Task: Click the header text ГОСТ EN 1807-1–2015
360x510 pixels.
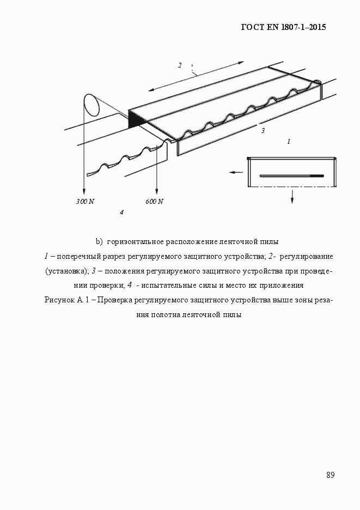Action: (283, 27)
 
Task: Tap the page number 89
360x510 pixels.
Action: (330, 475)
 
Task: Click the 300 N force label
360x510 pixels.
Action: (85, 202)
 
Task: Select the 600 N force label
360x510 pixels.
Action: (155, 202)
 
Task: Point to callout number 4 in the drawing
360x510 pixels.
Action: (121, 212)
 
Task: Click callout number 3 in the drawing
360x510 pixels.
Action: (263, 131)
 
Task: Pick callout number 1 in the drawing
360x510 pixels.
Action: (288, 141)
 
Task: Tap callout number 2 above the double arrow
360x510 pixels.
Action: (180, 65)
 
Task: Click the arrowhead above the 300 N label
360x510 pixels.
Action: (84, 191)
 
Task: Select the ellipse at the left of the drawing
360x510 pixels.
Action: (91, 105)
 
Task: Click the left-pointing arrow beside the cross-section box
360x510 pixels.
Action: (235, 172)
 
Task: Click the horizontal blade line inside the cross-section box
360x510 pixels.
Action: (291, 176)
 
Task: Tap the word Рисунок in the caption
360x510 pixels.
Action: (62, 300)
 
